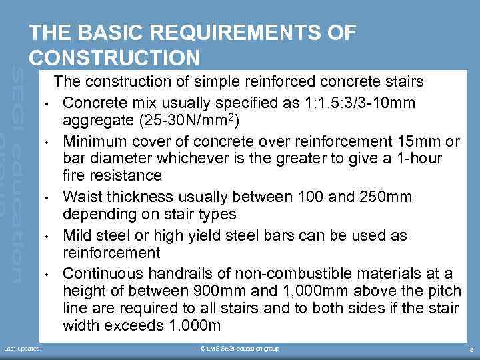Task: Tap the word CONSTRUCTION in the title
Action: click(114, 58)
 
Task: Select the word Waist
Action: click(82, 197)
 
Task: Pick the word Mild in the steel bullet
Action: click(77, 235)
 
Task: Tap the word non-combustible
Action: click(265, 273)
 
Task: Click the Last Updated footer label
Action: click(23, 349)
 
